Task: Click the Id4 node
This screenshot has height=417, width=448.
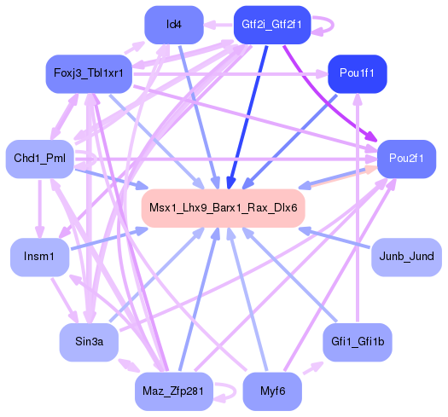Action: (x=173, y=25)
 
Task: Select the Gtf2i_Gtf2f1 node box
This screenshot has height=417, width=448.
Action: (x=271, y=25)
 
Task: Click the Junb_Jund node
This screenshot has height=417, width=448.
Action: (x=406, y=257)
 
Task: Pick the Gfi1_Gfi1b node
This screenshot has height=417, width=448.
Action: (x=358, y=341)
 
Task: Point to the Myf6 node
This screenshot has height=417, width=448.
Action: (x=271, y=391)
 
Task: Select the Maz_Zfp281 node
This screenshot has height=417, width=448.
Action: (x=173, y=391)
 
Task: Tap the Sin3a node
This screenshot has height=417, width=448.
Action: (x=89, y=341)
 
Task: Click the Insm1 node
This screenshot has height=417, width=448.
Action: (x=39, y=257)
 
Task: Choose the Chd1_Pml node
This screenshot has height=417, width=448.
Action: (x=39, y=159)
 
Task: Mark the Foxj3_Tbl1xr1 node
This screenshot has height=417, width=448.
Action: (x=89, y=74)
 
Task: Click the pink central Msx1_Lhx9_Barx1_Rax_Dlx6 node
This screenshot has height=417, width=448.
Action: (x=223, y=207)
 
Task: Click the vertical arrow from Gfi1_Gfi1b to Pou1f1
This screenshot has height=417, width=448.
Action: (x=358, y=213)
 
